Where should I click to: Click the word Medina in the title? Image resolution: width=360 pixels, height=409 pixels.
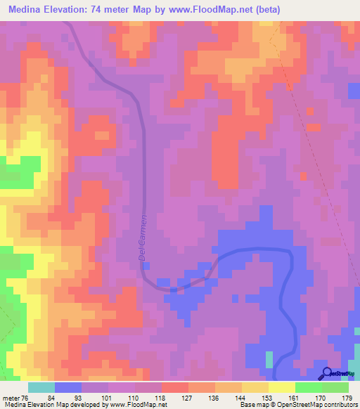click(29, 10)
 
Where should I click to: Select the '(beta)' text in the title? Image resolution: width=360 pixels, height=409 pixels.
click(341, 10)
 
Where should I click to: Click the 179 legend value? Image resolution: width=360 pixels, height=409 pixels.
click(346, 397)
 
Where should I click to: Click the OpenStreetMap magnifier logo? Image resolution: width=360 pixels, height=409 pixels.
click(327, 373)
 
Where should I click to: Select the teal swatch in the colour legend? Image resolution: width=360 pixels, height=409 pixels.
click(41, 387)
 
